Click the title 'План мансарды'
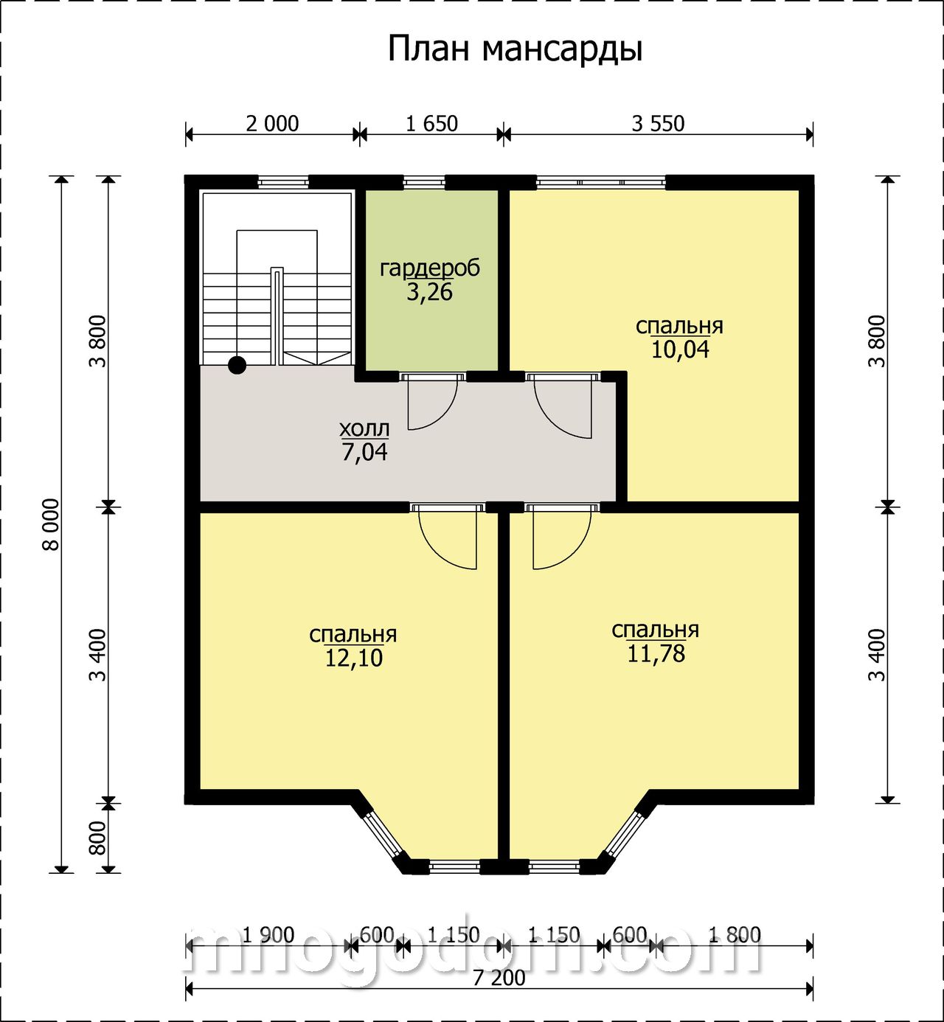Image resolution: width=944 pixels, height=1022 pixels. click(x=515, y=50)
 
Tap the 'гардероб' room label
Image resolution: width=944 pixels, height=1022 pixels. click(x=430, y=268)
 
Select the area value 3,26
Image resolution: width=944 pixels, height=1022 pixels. click(x=430, y=292)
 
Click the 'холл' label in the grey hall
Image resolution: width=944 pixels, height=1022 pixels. click(x=364, y=428)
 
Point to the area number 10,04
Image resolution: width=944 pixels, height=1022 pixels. click(x=680, y=350)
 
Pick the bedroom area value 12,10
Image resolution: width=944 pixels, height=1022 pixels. click(x=353, y=658)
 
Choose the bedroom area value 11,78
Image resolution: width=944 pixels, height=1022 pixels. click(x=656, y=653)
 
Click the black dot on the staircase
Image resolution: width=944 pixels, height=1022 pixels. click(x=237, y=365)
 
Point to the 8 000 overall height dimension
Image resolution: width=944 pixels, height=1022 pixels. click(x=52, y=524)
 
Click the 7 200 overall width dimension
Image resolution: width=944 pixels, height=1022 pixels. click(x=499, y=978)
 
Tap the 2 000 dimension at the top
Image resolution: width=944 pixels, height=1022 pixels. click(x=272, y=124)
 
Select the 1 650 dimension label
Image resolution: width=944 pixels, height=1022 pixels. click(x=432, y=124)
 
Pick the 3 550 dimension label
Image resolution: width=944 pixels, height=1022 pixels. click(x=658, y=124)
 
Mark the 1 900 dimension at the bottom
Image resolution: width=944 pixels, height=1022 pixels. click(x=268, y=935)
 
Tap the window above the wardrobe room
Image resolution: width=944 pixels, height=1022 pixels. click(x=423, y=182)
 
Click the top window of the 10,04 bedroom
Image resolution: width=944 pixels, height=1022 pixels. click(x=601, y=182)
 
